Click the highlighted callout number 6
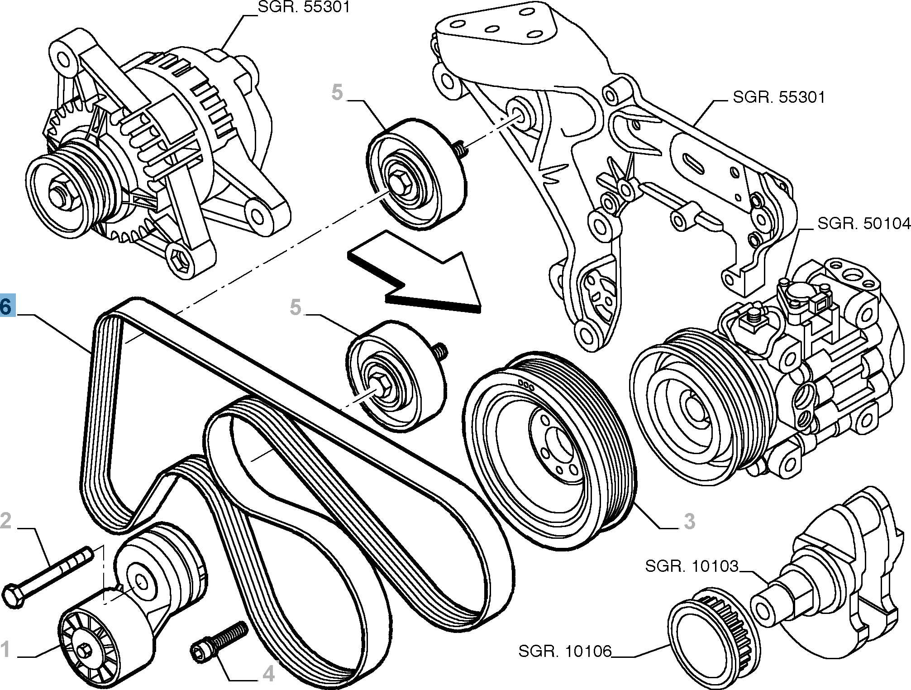pos(7,307)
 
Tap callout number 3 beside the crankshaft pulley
pos(689,522)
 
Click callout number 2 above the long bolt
pos(6,521)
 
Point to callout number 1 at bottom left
pos(5,650)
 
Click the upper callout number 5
pos(337,92)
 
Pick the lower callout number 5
pos(295,307)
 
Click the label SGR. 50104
pos(863,224)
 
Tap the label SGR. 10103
pos(692,566)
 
